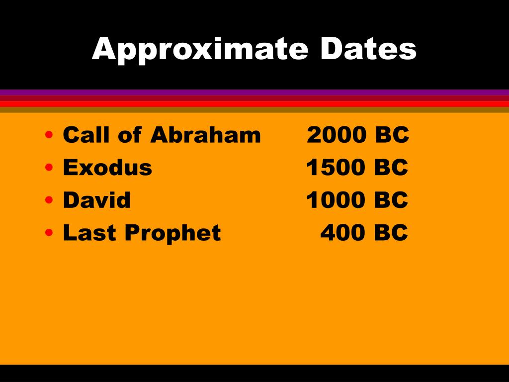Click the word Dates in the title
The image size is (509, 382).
click(368, 48)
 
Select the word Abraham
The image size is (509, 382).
click(205, 134)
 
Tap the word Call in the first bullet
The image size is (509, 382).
click(86, 134)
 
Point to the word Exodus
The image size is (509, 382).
click(107, 167)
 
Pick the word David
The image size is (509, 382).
click(97, 200)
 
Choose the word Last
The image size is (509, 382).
click(89, 233)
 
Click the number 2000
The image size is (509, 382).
click(337, 134)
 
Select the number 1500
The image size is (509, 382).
click(336, 167)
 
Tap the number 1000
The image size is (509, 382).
click(336, 200)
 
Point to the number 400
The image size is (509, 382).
click(343, 233)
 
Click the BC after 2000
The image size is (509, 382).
click(392, 134)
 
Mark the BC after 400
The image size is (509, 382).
click(391, 233)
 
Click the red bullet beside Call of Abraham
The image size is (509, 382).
click(49, 134)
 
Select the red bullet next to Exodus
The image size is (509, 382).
click(49, 167)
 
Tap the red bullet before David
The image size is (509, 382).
click(49, 200)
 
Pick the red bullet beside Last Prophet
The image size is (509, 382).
click(49, 233)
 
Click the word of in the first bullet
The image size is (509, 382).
click(130, 134)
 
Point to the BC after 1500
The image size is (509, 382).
click(391, 167)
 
